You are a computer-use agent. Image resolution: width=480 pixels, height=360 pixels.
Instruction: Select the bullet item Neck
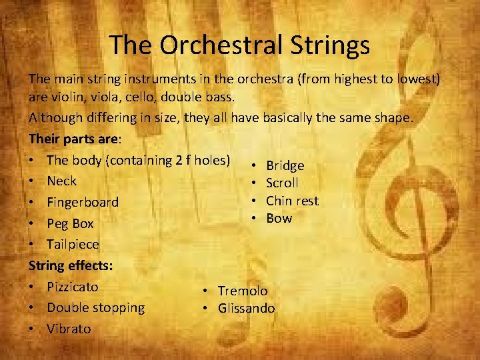click(x=62, y=181)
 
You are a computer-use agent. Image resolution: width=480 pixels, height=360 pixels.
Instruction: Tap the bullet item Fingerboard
click(x=83, y=202)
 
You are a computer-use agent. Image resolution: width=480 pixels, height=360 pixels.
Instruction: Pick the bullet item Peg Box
click(x=70, y=223)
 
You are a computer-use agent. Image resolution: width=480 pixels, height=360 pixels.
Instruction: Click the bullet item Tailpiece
click(x=73, y=245)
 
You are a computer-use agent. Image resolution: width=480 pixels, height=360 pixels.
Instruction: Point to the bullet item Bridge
click(x=285, y=165)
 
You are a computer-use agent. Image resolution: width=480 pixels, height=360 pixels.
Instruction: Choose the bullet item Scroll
click(x=282, y=183)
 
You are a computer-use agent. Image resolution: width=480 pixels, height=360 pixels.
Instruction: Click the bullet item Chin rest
click(x=292, y=201)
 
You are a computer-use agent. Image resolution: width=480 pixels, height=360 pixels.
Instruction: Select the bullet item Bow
click(x=279, y=218)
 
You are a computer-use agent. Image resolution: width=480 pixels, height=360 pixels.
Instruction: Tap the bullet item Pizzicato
click(x=73, y=287)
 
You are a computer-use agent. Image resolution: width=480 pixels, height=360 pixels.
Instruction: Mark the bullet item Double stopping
click(x=95, y=308)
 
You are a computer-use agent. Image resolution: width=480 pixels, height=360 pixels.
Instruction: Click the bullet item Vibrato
click(x=69, y=329)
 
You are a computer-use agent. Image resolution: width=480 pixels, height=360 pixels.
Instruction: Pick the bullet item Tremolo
click(x=243, y=291)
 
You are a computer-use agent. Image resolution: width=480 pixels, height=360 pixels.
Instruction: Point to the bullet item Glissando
click(x=246, y=308)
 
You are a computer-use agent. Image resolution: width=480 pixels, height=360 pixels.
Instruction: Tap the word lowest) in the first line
click(x=418, y=79)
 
